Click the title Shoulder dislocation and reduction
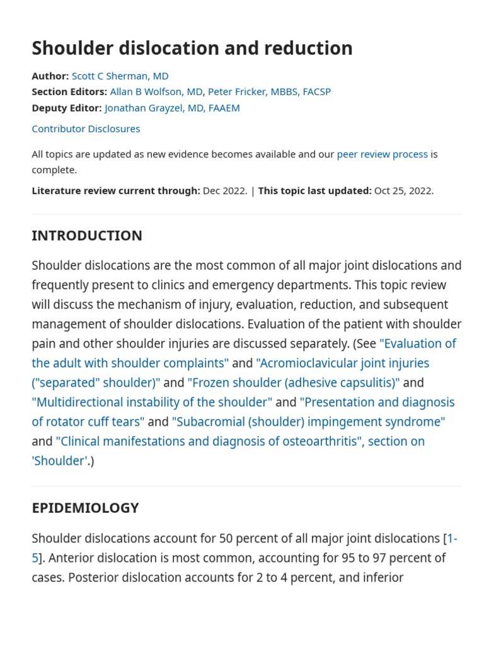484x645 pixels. (x=192, y=49)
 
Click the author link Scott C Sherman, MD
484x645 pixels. (x=120, y=76)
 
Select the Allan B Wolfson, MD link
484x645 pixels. (x=156, y=92)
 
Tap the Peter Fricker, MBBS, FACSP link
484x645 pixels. (x=269, y=92)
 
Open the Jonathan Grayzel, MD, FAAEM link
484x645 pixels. (x=172, y=108)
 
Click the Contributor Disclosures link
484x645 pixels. (x=86, y=128)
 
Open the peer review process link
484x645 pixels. (x=382, y=154)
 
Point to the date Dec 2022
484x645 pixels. (x=225, y=191)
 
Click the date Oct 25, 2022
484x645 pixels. (x=403, y=191)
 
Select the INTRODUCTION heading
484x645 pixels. (x=87, y=236)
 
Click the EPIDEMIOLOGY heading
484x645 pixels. (x=85, y=508)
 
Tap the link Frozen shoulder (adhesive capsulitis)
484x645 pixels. (x=294, y=383)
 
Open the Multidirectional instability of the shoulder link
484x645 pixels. (x=152, y=402)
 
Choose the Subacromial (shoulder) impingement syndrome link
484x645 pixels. (x=308, y=422)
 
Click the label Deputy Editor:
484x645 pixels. (x=67, y=108)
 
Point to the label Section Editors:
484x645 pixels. (x=69, y=92)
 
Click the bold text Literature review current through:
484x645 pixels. (x=116, y=191)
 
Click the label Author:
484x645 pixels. (x=50, y=76)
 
